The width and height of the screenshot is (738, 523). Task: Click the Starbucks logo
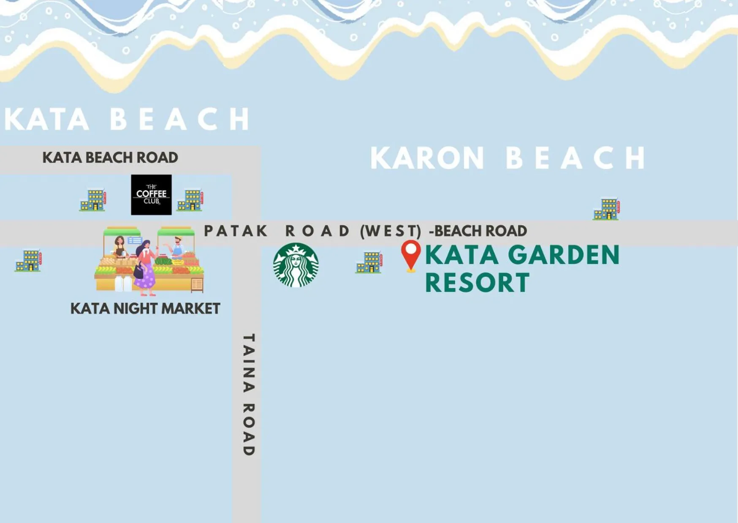296,265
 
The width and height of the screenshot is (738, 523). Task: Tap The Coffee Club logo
151,195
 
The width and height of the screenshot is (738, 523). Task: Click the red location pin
410,255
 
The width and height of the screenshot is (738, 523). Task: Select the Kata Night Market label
145,308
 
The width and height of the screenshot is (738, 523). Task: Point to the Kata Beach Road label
110,157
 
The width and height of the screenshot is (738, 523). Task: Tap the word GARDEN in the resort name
563,255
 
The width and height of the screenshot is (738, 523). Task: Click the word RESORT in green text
477,283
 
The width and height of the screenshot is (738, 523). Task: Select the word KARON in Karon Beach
427,158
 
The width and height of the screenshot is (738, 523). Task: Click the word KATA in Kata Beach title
46,119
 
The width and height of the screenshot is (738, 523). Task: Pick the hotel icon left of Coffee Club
92,199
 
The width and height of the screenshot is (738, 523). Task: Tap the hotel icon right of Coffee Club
190,199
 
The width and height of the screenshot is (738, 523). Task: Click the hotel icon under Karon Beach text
606,209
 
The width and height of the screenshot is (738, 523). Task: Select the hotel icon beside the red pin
369,262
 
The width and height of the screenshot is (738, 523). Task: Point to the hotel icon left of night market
28,260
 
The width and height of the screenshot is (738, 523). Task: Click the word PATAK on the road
236,231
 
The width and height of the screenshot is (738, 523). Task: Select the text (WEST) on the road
391,231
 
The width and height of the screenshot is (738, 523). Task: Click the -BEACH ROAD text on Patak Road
478,231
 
